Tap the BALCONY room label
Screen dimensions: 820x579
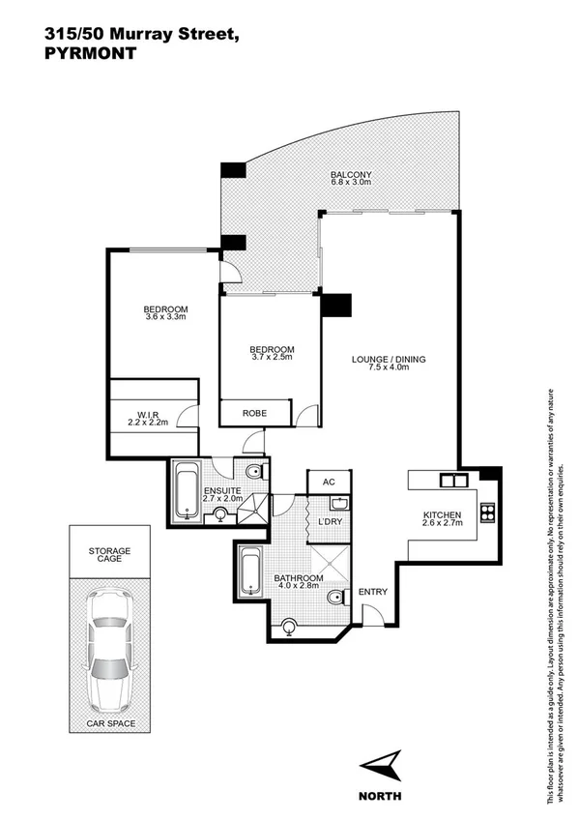pyautogui.click(x=351, y=174)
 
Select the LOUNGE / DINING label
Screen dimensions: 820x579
pyautogui.click(x=388, y=360)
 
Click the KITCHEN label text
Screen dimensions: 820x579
pyautogui.click(x=443, y=514)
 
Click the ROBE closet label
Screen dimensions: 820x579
pyautogui.click(x=254, y=413)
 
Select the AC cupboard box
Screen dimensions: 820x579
pyautogui.click(x=327, y=482)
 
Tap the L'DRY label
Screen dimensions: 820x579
pyautogui.click(x=331, y=522)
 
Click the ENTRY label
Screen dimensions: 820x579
pyautogui.click(x=372, y=592)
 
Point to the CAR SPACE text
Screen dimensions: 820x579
pyautogui.click(x=109, y=723)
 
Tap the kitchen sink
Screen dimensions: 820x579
pyautogui.click(x=451, y=480)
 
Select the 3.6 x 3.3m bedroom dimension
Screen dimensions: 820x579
pyautogui.click(x=165, y=316)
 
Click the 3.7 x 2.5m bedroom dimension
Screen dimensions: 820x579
pyautogui.click(x=272, y=357)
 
